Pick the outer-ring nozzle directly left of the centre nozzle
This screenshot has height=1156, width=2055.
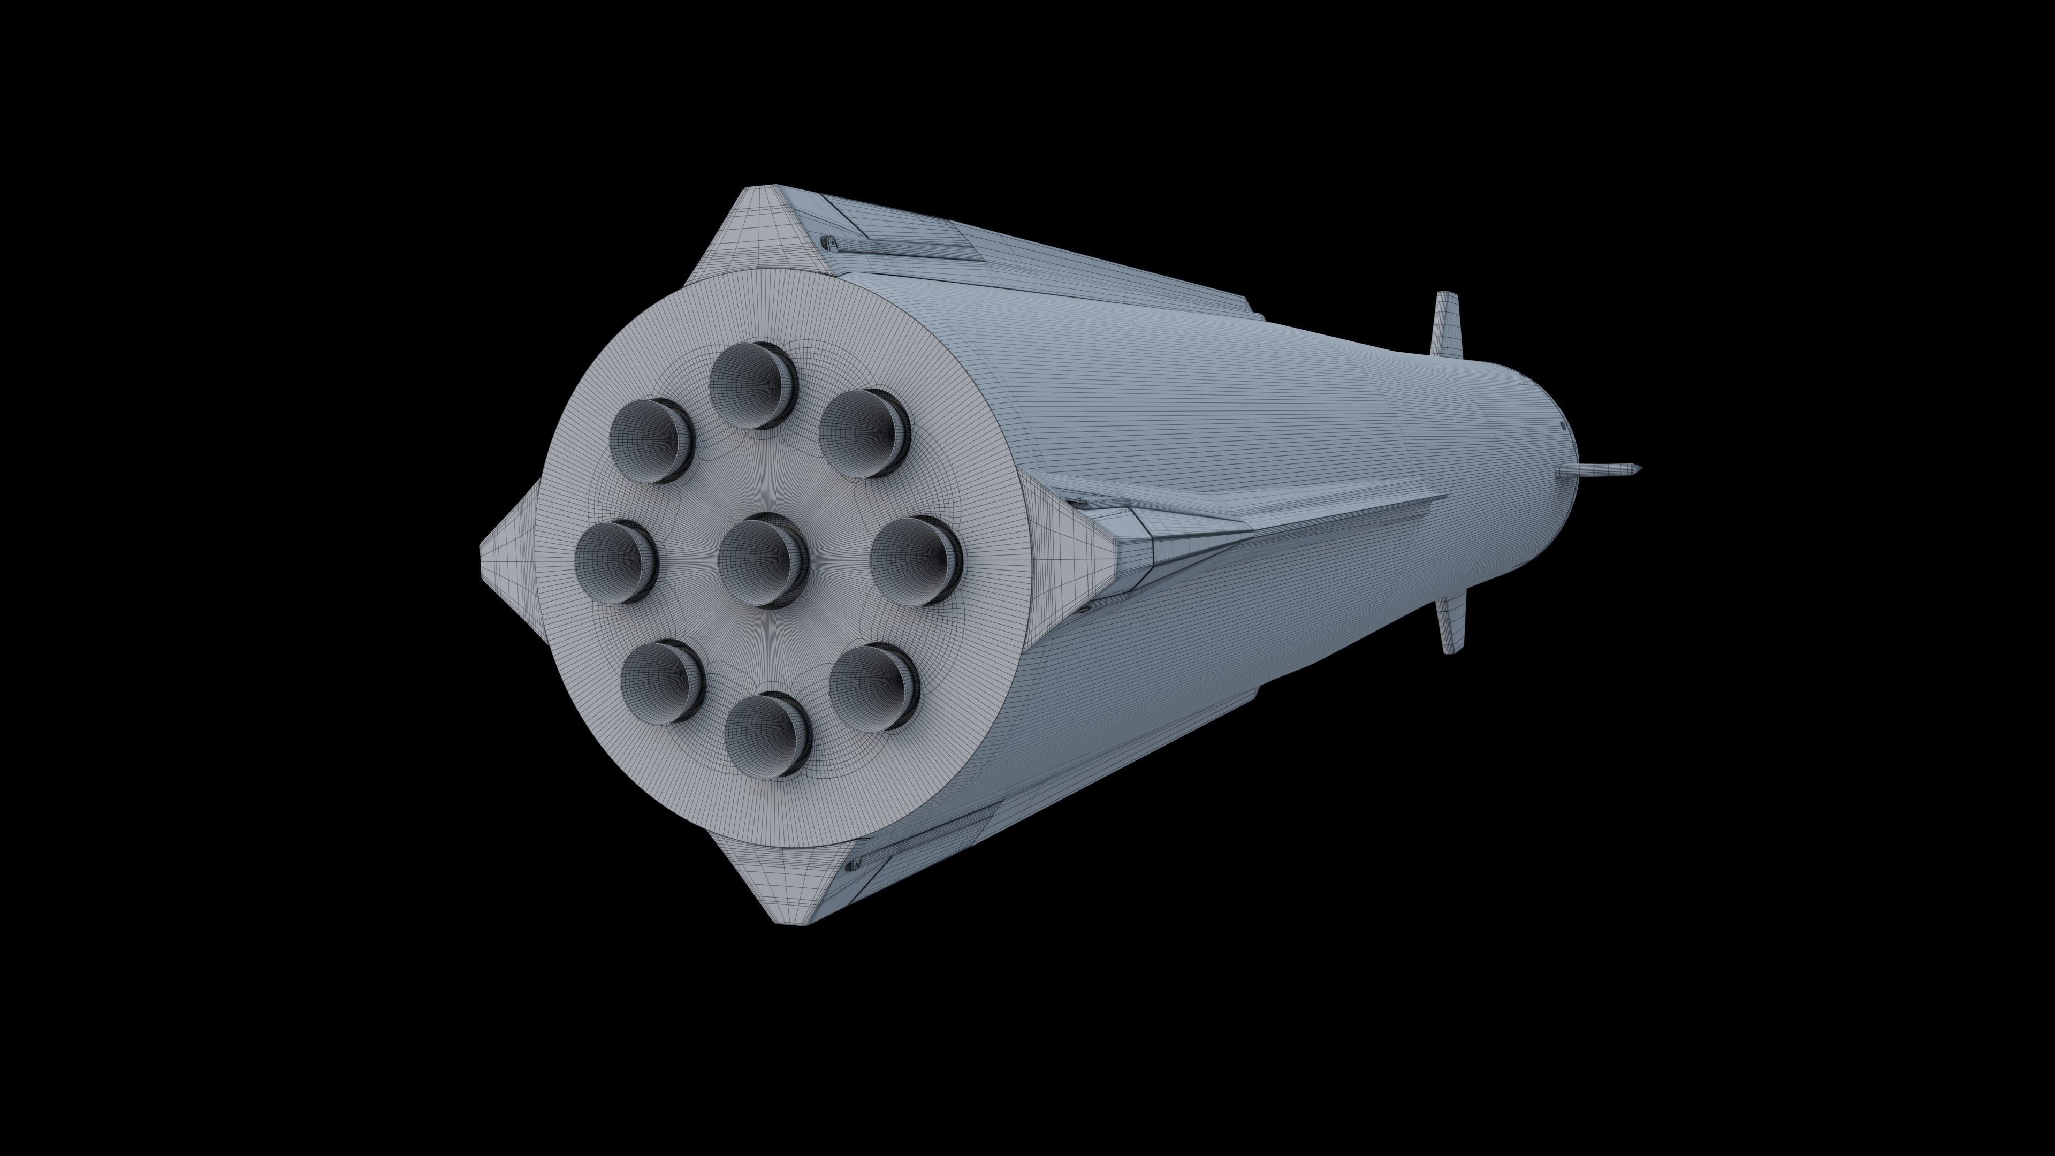tap(615, 561)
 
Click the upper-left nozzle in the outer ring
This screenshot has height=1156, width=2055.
tap(651, 440)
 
